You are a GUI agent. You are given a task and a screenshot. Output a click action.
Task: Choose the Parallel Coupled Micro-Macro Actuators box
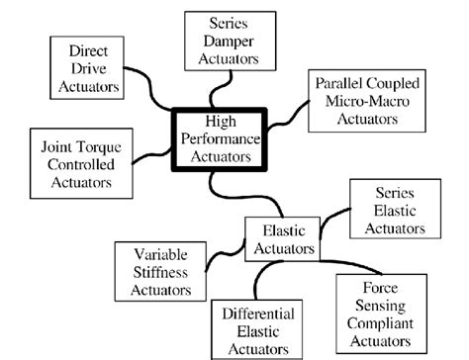(x=368, y=103)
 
